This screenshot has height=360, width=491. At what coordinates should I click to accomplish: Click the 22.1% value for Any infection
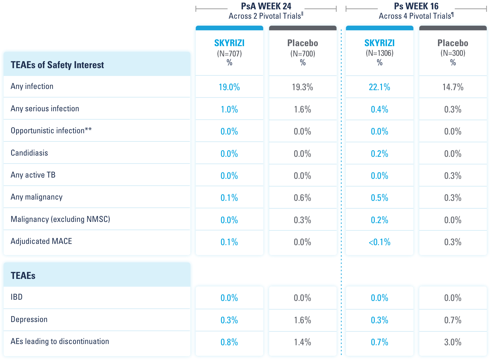pos(379,87)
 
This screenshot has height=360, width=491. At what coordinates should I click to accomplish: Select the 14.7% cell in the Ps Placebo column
pos(453,87)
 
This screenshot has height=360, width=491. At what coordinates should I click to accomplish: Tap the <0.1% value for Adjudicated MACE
pos(379,242)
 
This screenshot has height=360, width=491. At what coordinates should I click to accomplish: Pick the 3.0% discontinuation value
pos(453,342)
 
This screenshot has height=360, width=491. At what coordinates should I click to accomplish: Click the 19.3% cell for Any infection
pos(302,87)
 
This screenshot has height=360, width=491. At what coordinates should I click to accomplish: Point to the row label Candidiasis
pos(29,153)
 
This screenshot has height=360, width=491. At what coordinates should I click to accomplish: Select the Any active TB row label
pos(33,175)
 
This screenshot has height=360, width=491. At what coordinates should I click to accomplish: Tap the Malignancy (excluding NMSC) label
pos(60,219)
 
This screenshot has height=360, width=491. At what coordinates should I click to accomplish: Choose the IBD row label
pos(17,297)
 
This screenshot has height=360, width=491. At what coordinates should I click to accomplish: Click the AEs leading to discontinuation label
pos(60,341)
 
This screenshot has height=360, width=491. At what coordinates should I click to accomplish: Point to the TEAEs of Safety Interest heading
pos(57,65)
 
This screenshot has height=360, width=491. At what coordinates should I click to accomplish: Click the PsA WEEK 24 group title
pos(266,6)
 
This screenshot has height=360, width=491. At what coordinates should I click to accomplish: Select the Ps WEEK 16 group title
pos(416,6)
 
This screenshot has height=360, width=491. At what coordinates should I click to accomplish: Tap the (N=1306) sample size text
pos(380,53)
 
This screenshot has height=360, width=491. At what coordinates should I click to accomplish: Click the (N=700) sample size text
pos(302,54)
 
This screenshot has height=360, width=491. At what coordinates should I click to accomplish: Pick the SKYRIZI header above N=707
pos(229,43)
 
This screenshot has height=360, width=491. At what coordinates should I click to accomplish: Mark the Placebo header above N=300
pos(453,43)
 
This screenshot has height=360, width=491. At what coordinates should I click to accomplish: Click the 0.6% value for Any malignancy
pos(302,198)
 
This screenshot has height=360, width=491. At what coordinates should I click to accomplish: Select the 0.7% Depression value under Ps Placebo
pos(453,320)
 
